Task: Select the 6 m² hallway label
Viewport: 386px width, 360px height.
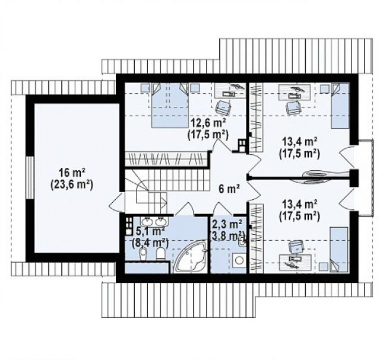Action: (x=229, y=189)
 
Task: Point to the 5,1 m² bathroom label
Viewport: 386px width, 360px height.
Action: (x=150, y=231)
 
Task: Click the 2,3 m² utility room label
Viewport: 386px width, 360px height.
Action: (x=227, y=224)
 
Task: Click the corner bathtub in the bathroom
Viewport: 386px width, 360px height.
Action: (x=190, y=257)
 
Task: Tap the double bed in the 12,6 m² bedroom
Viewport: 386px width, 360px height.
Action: (x=170, y=105)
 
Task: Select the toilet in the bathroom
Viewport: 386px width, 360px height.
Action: (x=162, y=253)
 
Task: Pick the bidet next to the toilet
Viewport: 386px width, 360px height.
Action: (x=143, y=254)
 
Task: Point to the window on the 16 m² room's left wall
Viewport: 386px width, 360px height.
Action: (x=30, y=177)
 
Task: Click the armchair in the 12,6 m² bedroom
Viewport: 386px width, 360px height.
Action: (x=223, y=107)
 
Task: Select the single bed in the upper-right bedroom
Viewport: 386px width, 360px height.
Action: (x=340, y=106)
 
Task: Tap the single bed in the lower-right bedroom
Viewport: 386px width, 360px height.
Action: (x=338, y=250)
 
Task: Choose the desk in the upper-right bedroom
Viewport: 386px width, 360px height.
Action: (x=295, y=92)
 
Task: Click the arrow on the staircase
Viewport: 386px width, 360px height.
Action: (x=157, y=202)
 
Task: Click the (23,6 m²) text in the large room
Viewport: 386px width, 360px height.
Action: (x=72, y=184)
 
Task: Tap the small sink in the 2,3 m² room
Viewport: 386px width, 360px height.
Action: (x=242, y=242)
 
